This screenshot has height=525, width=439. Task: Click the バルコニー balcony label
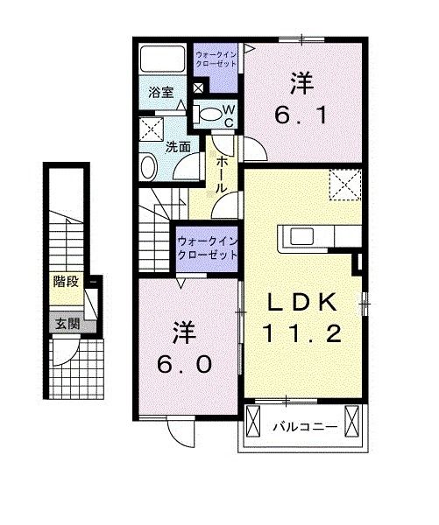[297, 428]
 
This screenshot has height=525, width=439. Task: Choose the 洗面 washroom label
[179, 147]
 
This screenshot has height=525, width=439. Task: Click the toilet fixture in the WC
[207, 112]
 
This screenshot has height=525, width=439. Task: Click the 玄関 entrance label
[66, 323]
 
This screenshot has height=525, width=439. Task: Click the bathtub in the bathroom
[161, 60]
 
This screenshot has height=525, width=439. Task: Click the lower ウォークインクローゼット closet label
[209, 248]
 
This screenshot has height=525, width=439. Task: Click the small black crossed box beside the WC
[198, 87]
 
